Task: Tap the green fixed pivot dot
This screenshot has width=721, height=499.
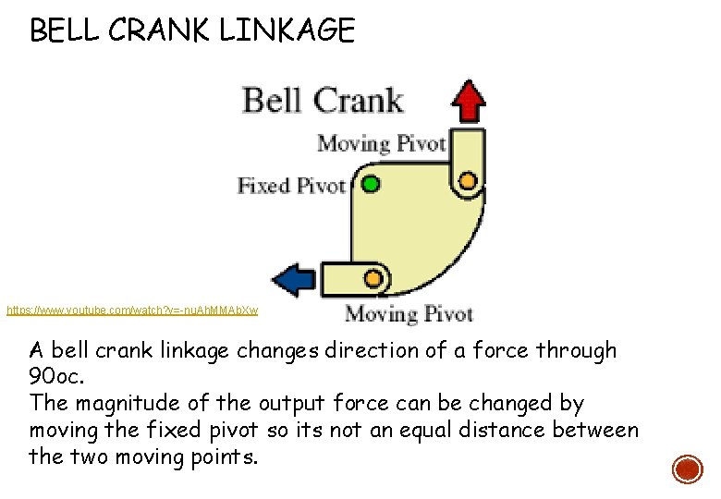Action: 371,183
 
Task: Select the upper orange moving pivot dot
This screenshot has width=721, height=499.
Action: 468,179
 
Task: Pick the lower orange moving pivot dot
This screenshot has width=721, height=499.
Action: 373,277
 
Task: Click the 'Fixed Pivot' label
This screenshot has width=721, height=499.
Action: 291,186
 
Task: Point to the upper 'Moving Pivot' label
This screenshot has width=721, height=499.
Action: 381,144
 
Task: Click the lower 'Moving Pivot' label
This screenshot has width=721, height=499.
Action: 409,314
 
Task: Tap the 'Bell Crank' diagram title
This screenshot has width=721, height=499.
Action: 323,100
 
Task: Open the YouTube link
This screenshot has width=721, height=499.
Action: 132,310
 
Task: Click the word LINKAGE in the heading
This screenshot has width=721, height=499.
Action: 287,31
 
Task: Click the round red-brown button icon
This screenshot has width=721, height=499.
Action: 687,469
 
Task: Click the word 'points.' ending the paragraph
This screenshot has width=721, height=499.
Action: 221,456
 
